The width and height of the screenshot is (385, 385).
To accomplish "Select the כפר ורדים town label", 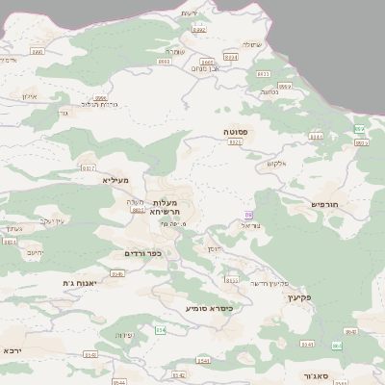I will [142, 253].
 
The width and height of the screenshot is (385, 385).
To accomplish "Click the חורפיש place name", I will [326, 204].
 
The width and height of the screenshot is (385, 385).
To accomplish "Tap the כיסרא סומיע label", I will [210, 308].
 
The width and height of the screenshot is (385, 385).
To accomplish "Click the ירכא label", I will [12, 349].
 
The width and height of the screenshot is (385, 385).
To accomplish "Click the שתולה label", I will [251, 44].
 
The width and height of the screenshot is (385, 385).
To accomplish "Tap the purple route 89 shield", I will [249, 215].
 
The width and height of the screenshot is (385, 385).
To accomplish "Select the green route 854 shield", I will [161, 330].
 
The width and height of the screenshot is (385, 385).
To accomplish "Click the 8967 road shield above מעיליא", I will [89, 167].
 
